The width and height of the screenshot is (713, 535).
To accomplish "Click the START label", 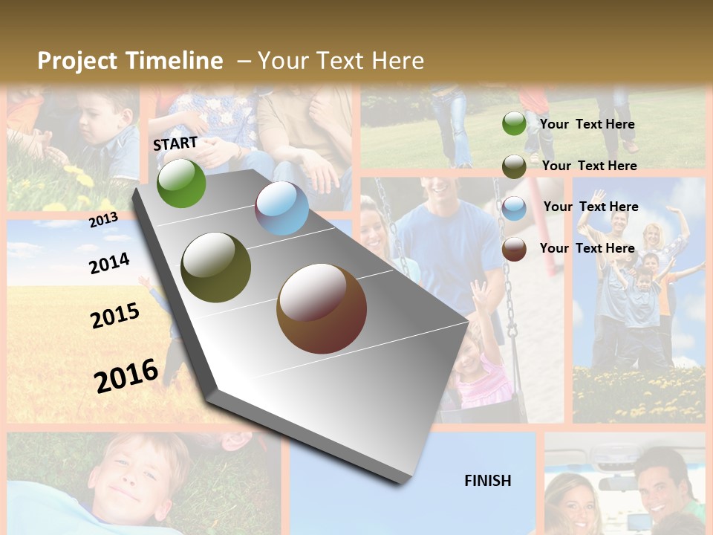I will pos(175,143).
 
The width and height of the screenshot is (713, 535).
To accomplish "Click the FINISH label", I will pos(488,481).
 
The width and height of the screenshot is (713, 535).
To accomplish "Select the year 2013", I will pos(103,219).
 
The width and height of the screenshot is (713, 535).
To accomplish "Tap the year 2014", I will pos(109,263).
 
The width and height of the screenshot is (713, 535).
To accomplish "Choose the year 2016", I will pos(126,375).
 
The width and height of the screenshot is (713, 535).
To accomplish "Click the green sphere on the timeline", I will pos(181,183).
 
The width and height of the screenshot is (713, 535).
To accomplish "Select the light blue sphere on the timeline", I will pos(282,209).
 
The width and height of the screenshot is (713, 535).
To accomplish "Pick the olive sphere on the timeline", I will pos(216,267).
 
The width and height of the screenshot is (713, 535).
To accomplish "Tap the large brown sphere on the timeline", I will pos(322,308).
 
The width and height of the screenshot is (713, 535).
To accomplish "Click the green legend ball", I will pos(514,123).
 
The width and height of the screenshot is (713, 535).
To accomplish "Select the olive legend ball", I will pos(514,166).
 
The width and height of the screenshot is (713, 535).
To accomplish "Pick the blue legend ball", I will pos(514,208).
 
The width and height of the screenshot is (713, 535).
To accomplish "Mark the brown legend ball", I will pos(514,249).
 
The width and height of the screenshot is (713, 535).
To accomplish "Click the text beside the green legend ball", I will pos(587,124).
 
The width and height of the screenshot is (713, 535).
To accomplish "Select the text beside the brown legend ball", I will pos(587,248).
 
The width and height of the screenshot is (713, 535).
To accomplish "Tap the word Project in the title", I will pos(78,61).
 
